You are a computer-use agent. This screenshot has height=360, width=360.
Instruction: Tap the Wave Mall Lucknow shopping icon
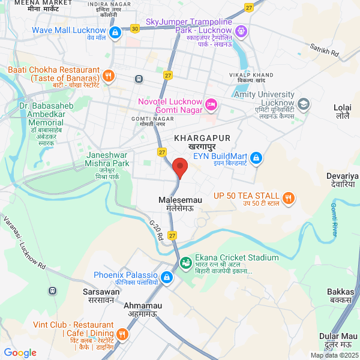115,34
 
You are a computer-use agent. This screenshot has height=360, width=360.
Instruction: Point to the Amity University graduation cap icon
304,104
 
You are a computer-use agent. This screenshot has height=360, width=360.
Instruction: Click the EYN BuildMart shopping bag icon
256,157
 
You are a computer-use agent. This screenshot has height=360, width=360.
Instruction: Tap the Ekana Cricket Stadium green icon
187,262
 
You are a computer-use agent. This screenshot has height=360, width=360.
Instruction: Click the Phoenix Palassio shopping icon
167,277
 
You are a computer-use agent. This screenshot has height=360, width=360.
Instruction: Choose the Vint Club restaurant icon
122,334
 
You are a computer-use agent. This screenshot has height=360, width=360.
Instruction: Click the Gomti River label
334,220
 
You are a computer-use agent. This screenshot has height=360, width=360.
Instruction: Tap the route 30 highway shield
135,28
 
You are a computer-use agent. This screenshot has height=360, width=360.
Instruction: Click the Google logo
20,353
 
